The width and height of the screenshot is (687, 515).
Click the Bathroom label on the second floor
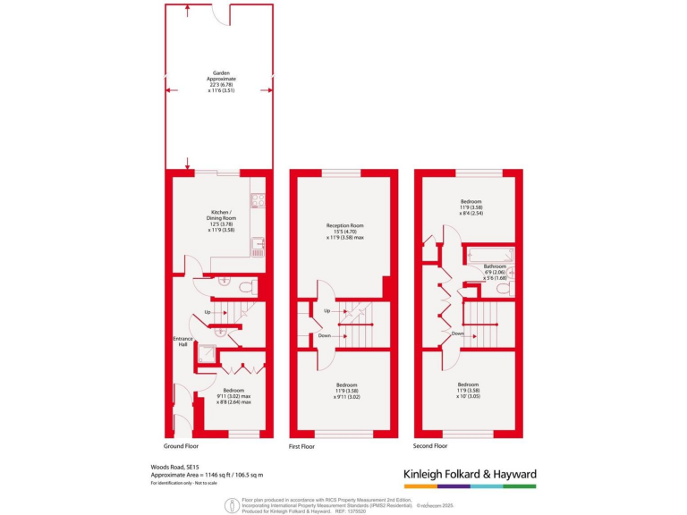(x=495, y=266)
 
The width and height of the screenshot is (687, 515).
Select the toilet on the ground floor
(x=250, y=287)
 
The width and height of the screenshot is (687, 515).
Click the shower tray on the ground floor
(x=207, y=356)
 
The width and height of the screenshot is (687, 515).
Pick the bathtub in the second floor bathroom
(x=488, y=256)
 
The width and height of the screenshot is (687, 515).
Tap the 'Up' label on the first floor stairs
(x=327, y=310)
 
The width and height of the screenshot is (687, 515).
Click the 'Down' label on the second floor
(x=457, y=333)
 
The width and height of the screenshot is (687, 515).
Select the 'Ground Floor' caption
(x=181, y=445)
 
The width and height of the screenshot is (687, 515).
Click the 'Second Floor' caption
(x=431, y=444)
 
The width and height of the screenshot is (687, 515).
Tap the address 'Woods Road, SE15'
(x=174, y=467)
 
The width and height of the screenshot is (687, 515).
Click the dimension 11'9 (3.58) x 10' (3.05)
(x=470, y=392)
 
